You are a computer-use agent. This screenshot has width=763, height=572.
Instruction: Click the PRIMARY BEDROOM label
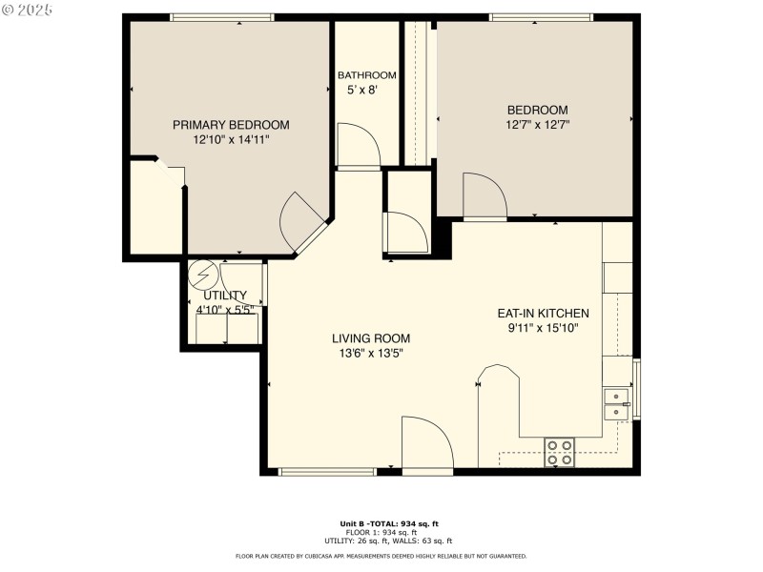pos(231,125)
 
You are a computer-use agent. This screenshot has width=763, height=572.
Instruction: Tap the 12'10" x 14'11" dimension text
pos(231,139)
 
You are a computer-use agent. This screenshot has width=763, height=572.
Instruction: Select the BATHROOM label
pos(367,75)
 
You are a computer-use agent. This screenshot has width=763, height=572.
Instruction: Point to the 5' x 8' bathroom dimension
pos(361,91)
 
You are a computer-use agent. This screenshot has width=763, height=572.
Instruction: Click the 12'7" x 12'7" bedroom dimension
pos(538,124)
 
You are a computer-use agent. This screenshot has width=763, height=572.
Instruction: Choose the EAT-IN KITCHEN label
pos(543,313)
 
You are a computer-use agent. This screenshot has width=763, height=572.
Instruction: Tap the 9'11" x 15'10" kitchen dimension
pos(543,328)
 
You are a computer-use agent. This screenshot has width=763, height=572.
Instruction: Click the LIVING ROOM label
pos(371,338)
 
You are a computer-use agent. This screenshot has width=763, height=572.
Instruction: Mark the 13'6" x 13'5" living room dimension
pos(371,354)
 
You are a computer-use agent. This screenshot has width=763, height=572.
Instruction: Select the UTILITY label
pos(225,296)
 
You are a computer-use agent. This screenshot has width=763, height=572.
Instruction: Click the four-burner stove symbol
pos(559,452)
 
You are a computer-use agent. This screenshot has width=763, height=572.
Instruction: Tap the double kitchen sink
pos(617,404)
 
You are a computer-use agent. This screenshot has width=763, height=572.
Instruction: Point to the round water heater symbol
pos(201,276)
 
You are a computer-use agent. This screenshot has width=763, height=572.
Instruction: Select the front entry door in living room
pos(426,444)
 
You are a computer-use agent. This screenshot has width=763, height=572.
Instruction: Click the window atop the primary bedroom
pos(222,17)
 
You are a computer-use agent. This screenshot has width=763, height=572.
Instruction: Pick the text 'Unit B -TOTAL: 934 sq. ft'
pos(389,523)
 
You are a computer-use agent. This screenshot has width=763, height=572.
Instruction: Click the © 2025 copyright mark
pos(29,10)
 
